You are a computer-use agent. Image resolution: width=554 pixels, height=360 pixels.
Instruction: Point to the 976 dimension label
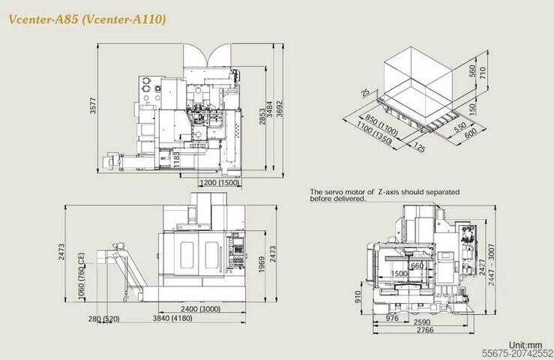[x=391, y=319]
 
